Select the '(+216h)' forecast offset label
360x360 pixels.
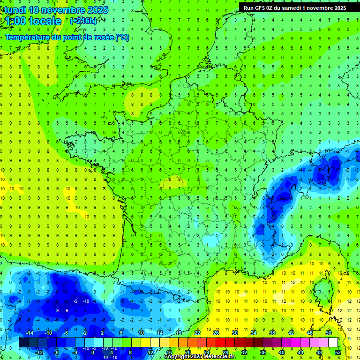83,21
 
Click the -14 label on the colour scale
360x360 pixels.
29,333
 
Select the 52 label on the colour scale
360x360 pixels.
338,352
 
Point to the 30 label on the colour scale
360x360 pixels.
235,333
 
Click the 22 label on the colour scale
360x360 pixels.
197,333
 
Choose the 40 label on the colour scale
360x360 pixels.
282,352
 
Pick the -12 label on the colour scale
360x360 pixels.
39,352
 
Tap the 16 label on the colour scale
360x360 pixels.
169,352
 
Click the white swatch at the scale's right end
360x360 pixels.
333,343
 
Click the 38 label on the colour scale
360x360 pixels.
272,333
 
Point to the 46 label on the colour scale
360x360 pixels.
310,333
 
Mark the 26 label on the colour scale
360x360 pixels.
216,333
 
